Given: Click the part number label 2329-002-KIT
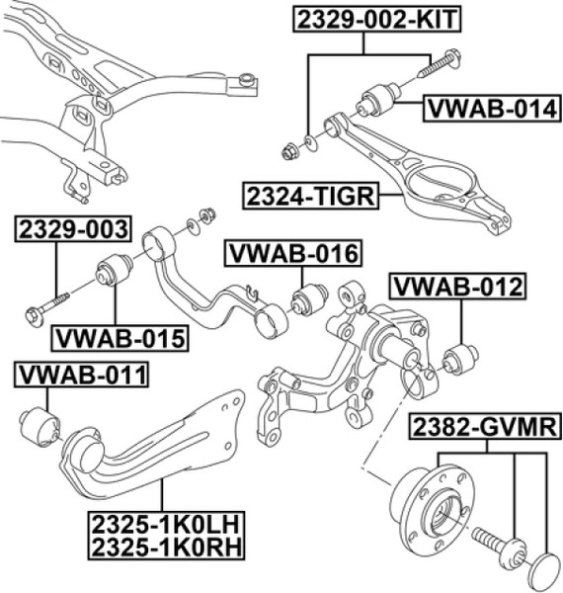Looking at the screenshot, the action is pos(377,20).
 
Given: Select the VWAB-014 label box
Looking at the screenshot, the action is pos(492,109).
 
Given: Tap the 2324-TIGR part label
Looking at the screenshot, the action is pos(310,196).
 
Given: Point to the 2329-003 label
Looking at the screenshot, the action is pos(73,229).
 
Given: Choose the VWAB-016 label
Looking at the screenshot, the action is pos(293,253).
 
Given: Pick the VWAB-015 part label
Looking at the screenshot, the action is pos(120,338).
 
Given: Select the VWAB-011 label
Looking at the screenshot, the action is pos(81,375).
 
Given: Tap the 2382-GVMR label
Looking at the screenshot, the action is pos(484,427).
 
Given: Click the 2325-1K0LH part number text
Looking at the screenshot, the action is pos(166,525).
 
